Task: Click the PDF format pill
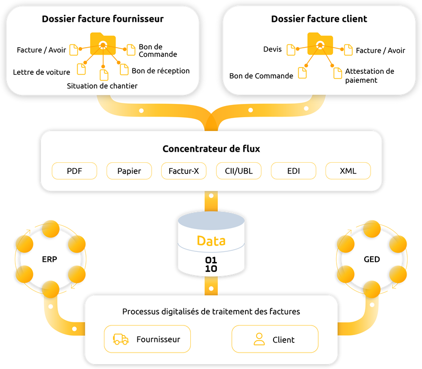75,171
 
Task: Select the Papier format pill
129,171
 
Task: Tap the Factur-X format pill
183,171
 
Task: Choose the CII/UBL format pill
239,171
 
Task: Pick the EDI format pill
293,171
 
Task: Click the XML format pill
348,171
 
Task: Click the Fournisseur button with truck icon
147,339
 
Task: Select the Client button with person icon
275,339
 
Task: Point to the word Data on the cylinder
211,241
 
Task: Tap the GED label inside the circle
372,260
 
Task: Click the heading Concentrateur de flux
211,149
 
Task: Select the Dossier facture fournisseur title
103,19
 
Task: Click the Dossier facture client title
319,19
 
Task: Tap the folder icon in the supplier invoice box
103,43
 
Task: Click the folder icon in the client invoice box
320,43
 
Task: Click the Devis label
272,49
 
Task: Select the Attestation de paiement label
370,75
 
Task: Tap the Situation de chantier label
102,86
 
